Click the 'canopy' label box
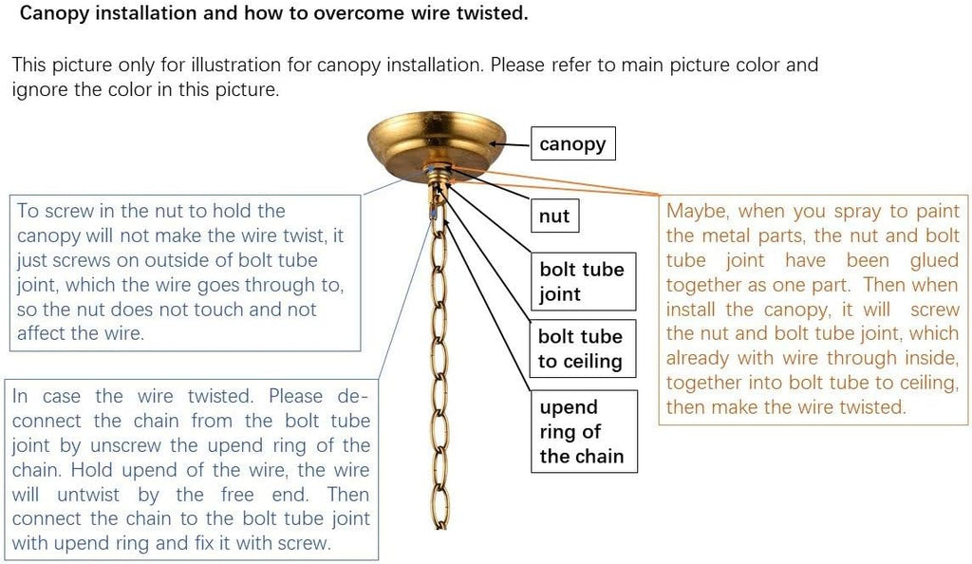point(572,143)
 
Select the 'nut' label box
point(554,216)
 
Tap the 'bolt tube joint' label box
point(584,281)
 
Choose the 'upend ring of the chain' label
point(584,431)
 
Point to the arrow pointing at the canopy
point(510,145)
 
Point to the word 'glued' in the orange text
point(934,260)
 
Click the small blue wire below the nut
point(433,214)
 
